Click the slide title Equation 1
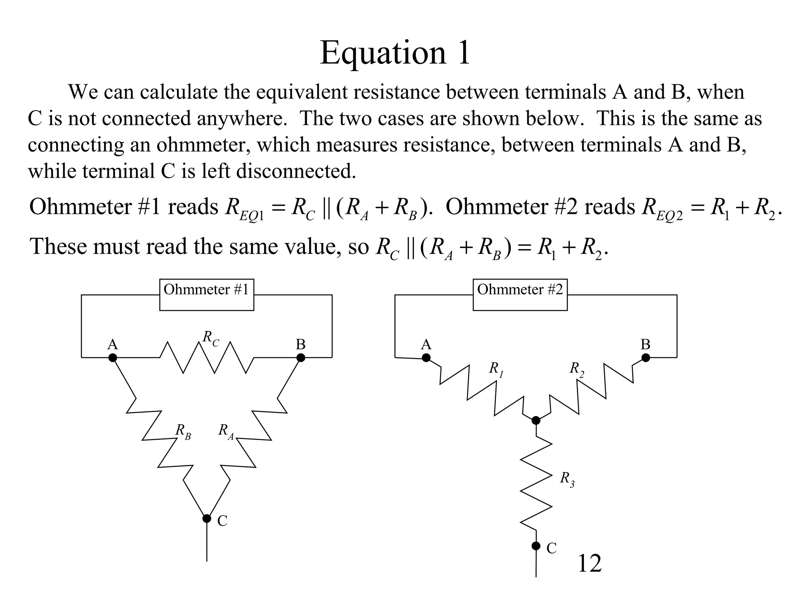[x=395, y=53]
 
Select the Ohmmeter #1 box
[x=206, y=295]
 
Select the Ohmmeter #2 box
[x=520, y=295]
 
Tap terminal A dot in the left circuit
[x=113, y=358]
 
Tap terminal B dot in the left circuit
[x=301, y=358]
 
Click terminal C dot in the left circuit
[x=207, y=518]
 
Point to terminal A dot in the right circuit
[x=426, y=358]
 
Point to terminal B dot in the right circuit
[x=645, y=358]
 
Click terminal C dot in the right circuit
[x=536, y=546]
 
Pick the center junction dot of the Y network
[x=536, y=420]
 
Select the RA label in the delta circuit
[x=226, y=432]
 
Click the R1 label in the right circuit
[x=496, y=370]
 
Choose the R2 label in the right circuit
[x=577, y=370]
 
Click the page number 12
[x=589, y=563]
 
